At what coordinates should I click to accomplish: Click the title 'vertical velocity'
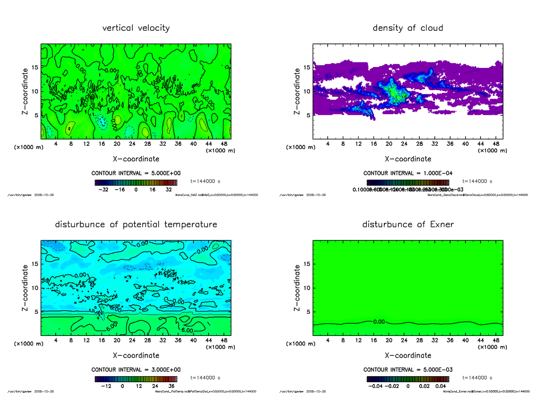(136, 28)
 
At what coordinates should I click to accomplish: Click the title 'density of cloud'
(408, 28)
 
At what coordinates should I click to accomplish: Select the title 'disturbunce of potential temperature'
(136, 225)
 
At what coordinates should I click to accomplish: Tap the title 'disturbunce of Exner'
(408, 225)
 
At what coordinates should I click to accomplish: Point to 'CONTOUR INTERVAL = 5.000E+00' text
(136, 173)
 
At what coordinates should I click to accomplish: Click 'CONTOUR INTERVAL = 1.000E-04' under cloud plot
(408, 173)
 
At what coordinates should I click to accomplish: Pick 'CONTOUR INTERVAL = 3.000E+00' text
(136, 369)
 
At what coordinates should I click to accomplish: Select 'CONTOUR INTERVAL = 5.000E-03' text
(408, 369)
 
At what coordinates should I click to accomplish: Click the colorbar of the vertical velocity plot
(136, 182)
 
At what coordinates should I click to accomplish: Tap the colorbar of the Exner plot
(408, 379)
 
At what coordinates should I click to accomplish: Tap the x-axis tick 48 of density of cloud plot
(496, 144)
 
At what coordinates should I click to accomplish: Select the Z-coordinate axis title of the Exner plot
(297, 288)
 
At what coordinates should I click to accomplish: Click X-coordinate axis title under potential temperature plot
(136, 355)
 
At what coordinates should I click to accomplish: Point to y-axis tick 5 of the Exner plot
(308, 312)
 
